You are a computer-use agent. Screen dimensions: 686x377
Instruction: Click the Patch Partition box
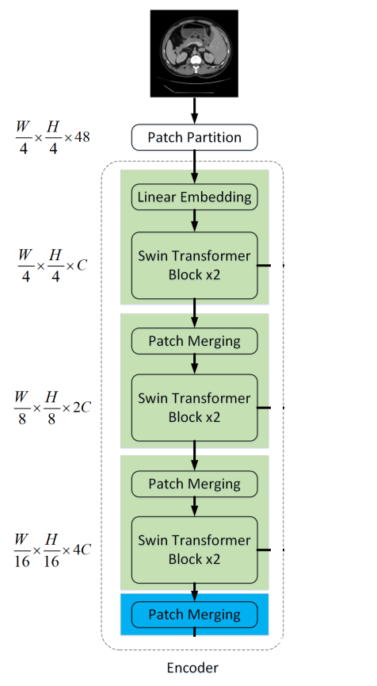click(x=195, y=137)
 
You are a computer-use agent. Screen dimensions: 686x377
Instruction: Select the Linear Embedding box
click(x=195, y=196)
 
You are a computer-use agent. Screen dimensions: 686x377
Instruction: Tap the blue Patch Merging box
click(x=195, y=615)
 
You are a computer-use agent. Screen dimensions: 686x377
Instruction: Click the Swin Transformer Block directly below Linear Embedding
click(x=195, y=265)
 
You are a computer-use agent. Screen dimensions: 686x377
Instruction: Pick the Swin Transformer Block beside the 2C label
click(x=195, y=408)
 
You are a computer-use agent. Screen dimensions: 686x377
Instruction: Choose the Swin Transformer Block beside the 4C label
click(x=195, y=550)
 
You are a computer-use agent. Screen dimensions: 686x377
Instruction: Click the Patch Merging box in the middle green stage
click(x=195, y=341)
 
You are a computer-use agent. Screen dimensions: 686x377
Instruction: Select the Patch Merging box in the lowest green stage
click(x=195, y=483)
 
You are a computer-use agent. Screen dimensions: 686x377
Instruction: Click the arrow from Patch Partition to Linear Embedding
click(x=195, y=167)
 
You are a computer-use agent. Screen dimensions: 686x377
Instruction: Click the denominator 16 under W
click(x=22, y=559)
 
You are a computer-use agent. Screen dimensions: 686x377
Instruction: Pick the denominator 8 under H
click(x=50, y=417)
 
